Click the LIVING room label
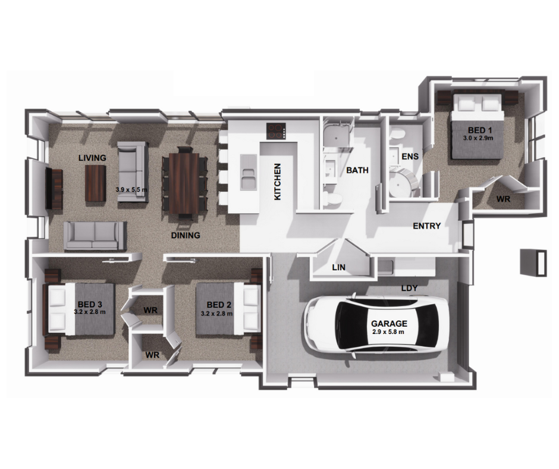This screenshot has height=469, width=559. pyautogui.click(x=92, y=158)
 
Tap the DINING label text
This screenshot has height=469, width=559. pyautogui.click(x=186, y=235)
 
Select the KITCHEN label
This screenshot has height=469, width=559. pyautogui.click(x=277, y=182)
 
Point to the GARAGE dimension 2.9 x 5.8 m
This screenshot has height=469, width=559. pyautogui.click(x=388, y=332)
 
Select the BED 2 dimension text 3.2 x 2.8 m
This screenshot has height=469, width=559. pyautogui.click(x=216, y=313)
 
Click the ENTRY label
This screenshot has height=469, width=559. pyautogui.click(x=427, y=226)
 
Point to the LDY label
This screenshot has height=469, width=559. pyautogui.click(x=409, y=288)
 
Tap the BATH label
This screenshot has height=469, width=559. pyautogui.click(x=357, y=170)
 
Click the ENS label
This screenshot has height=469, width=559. pyautogui.click(x=410, y=157)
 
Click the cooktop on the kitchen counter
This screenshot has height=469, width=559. pyautogui.click(x=277, y=130)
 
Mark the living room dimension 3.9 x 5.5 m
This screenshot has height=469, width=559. pyautogui.click(x=132, y=190)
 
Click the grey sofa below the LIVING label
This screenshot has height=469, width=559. pyautogui.click(x=95, y=236)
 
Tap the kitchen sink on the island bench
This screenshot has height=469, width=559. pyautogui.click(x=248, y=176)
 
